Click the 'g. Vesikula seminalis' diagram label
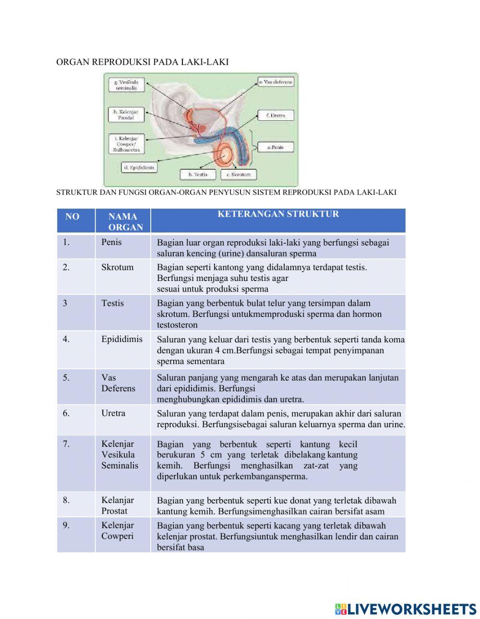pyautogui.click(x=126, y=85)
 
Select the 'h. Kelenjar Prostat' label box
pyautogui.click(x=126, y=115)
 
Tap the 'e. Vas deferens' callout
pyautogui.click(x=276, y=82)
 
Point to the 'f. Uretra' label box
pyautogui.click(x=276, y=116)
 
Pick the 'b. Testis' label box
pyautogui.click(x=198, y=175)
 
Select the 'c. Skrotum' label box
pyautogui.click(x=238, y=175)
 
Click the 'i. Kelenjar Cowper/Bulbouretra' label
pyautogui.click(x=126, y=144)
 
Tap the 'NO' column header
pyautogui.click(x=72, y=217)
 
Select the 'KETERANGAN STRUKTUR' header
pyautogui.click(x=278, y=214)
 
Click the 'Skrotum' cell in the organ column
pyautogui.click(x=117, y=267)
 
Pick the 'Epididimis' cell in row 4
pyautogui.click(x=122, y=339)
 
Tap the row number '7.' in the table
pyautogui.click(x=66, y=444)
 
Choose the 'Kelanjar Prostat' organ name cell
pyautogui.click(x=118, y=505)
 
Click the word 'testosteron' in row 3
pyautogui.click(x=177, y=325)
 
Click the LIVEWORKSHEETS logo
pyautogui.click(x=406, y=609)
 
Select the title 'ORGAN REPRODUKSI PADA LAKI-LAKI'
pyautogui.click(x=142, y=62)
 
